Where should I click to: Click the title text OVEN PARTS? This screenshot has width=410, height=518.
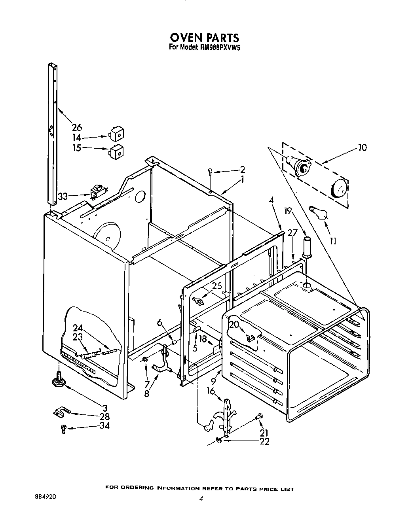205,38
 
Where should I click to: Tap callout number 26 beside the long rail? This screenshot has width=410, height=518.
77,127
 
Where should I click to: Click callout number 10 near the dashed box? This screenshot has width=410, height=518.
362,147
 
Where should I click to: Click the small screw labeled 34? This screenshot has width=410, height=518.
63,429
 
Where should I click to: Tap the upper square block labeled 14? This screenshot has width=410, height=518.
116,135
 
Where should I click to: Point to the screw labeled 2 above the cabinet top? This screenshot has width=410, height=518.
211,171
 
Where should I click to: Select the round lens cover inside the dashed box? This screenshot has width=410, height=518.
339,188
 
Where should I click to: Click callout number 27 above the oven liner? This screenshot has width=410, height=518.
292,233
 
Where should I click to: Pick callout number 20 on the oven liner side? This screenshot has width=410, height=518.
234,324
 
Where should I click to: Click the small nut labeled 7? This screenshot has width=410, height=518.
145,359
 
